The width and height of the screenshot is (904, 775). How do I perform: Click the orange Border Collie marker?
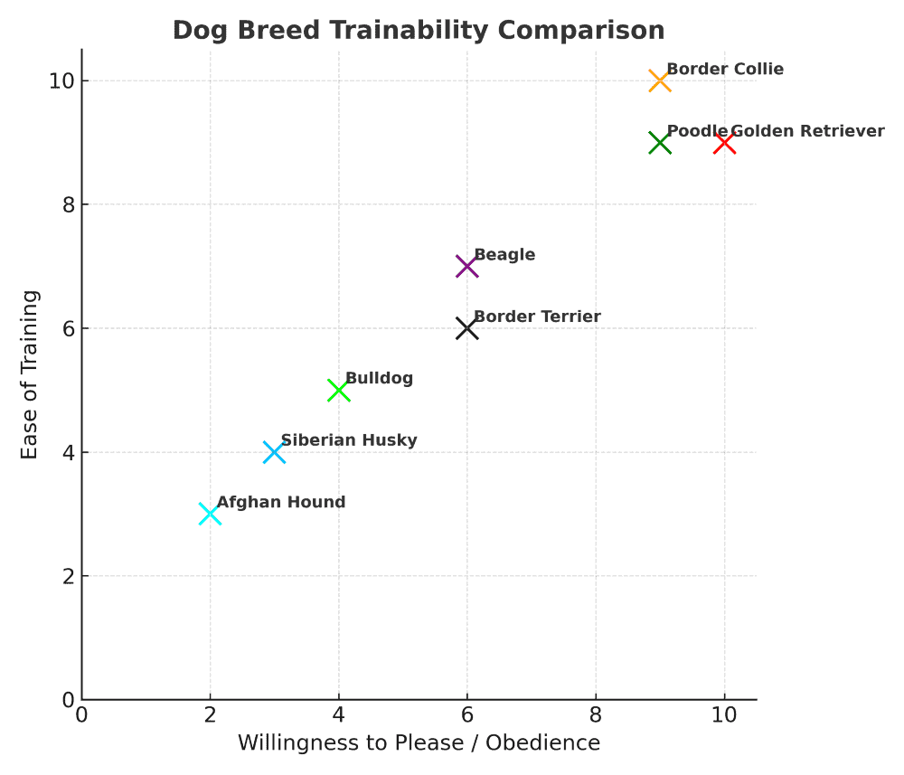(x=660, y=81)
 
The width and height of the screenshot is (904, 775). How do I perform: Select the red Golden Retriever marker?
(x=724, y=143)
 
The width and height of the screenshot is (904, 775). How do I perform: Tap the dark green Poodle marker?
(x=660, y=143)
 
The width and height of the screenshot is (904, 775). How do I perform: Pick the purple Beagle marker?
(x=466, y=267)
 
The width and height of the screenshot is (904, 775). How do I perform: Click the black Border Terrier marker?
(x=466, y=328)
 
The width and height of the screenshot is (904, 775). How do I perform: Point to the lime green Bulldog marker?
(x=338, y=391)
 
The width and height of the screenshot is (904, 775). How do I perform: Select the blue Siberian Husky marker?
(x=274, y=452)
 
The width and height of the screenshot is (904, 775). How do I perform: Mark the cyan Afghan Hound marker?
(x=210, y=514)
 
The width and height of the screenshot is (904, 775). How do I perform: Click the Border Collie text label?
(x=725, y=70)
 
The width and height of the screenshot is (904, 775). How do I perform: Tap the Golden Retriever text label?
(x=807, y=131)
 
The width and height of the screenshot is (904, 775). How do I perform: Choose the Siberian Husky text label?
(x=349, y=440)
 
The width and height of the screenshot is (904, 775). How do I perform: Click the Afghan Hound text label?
(x=281, y=502)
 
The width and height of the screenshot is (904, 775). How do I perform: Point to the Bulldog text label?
(x=379, y=378)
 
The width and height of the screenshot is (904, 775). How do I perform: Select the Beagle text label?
(x=504, y=255)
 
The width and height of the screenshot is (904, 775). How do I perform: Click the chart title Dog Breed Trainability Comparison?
(x=419, y=30)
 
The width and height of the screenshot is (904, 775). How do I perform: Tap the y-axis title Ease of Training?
(x=30, y=374)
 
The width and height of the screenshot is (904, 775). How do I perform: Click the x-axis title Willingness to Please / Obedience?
(x=419, y=743)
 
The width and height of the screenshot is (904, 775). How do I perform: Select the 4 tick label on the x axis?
(x=338, y=714)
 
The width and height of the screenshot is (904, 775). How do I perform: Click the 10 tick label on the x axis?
(x=724, y=714)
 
